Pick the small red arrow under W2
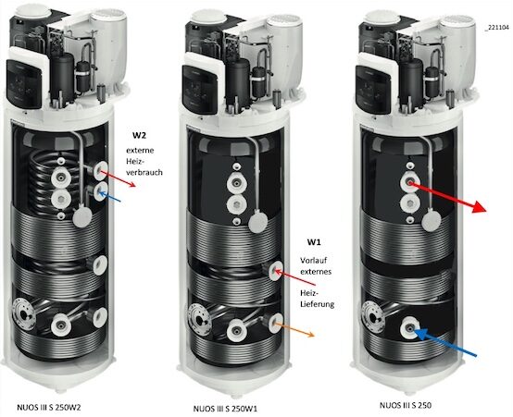pyautogui.click(x=121, y=179)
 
